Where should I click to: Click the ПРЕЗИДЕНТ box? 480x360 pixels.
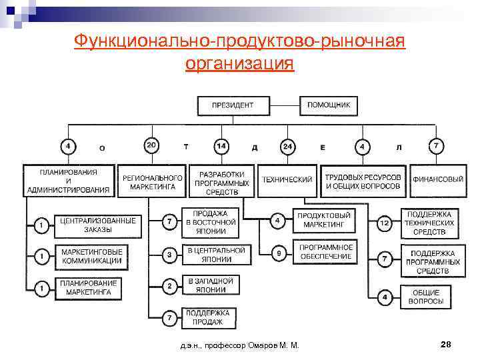(x=233, y=105)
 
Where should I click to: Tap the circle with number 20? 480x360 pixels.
(x=153, y=145)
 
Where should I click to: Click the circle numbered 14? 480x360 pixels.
(x=221, y=145)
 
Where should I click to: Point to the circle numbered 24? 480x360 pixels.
(x=287, y=145)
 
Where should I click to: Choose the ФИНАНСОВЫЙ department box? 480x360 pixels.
(x=438, y=179)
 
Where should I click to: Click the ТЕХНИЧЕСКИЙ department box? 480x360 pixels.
(x=287, y=179)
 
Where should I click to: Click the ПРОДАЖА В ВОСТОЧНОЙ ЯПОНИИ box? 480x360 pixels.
(x=211, y=223)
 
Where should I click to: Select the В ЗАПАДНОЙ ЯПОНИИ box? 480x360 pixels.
(x=211, y=285)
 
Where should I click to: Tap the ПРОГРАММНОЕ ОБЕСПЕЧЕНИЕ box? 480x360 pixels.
(x=325, y=253)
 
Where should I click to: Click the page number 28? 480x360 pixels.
(x=447, y=345)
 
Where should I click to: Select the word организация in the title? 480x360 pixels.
(x=239, y=64)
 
